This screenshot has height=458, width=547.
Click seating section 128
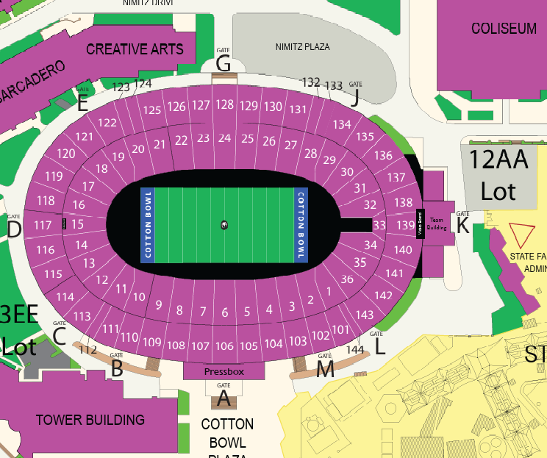pos(225,104)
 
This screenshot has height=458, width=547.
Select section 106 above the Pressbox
pos(225,346)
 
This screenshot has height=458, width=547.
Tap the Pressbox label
pos(224,372)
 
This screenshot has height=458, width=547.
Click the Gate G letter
pos(224,64)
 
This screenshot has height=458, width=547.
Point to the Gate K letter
pos(462,226)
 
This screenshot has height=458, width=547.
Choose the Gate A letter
pos(224,400)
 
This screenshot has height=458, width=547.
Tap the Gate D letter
pos(14,230)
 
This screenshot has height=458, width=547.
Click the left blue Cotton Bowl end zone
pos(149,225)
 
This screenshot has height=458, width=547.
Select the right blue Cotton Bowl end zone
pos(300,225)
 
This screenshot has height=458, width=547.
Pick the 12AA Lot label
pos(498,175)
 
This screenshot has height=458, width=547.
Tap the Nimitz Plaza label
pos(302,46)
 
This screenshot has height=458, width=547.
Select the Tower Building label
pos(90,420)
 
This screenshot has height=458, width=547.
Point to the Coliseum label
pos(504,29)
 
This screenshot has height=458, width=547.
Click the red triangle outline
pos(524,234)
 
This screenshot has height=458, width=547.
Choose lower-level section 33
pos(379,225)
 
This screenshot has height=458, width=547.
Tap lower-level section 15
pos(77,223)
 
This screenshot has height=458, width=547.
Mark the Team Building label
pos(437,224)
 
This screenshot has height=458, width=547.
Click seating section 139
pos(404,225)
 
